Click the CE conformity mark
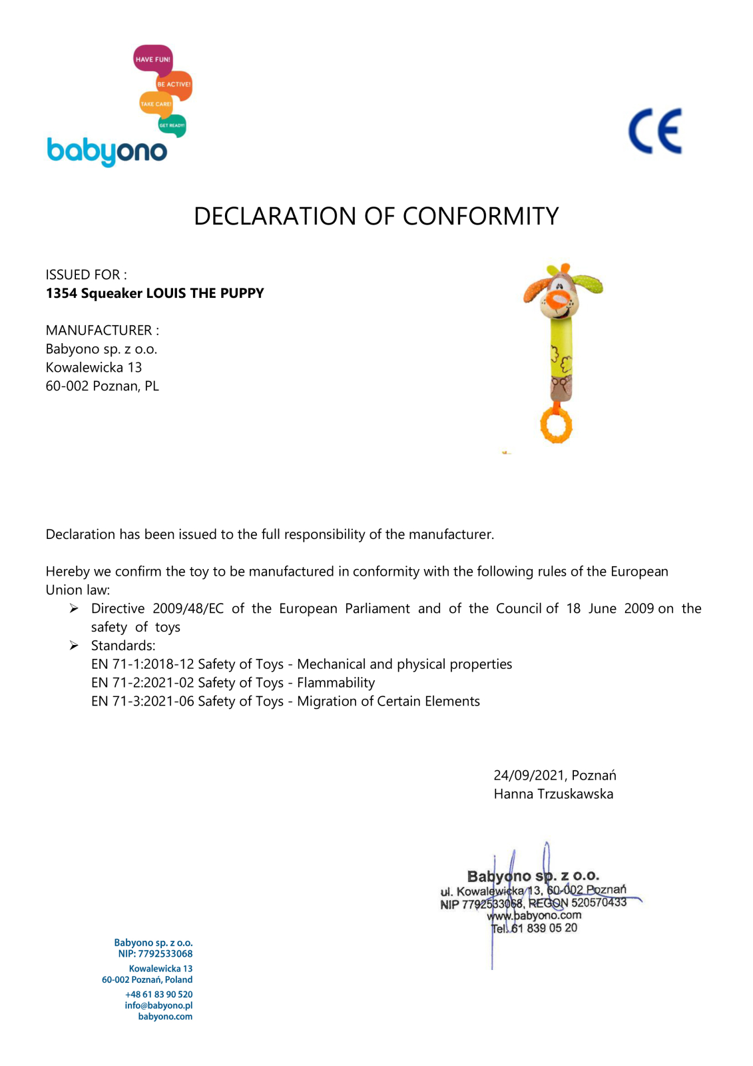pyautogui.click(x=655, y=131)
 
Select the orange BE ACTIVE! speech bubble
pyautogui.click(x=174, y=85)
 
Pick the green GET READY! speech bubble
pyautogui.click(x=172, y=125)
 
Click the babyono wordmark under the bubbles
pyautogui.click(x=107, y=151)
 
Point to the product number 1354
pyautogui.click(x=61, y=293)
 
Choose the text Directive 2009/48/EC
pyautogui.click(x=157, y=608)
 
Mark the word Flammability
pyautogui.click(x=336, y=683)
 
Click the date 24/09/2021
pyautogui.click(x=529, y=776)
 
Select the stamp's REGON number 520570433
pyautogui.click(x=599, y=903)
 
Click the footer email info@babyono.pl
pyautogui.click(x=158, y=1005)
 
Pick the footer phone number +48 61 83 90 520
pyautogui.click(x=158, y=994)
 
